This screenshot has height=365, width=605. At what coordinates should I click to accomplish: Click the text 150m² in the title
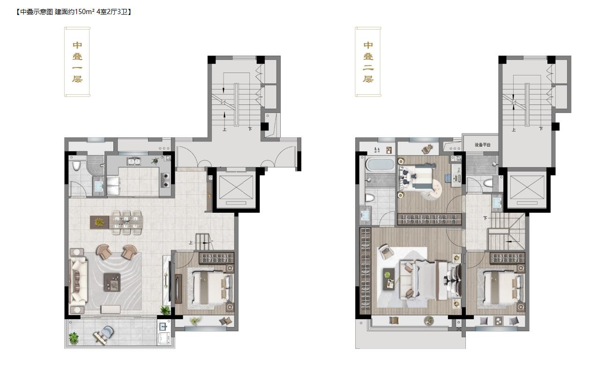coord(84,12)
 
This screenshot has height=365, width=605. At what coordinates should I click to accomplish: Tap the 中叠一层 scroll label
coord(77,62)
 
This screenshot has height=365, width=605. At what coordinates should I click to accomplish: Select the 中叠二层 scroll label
coord(368,62)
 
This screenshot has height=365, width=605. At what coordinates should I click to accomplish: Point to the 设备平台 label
coord(482,145)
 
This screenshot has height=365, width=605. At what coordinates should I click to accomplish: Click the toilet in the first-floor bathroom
coord(77,165)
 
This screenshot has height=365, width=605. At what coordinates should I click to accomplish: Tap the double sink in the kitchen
coord(134,162)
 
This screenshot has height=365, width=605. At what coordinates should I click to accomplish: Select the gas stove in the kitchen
coord(165,180)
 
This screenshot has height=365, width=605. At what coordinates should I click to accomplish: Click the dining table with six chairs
coord(126,223)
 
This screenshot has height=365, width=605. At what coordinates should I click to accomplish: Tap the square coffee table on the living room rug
coord(112,282)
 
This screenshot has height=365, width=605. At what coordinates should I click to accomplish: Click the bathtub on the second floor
coord(380,164)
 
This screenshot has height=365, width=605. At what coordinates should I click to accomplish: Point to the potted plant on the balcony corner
coord(74,339)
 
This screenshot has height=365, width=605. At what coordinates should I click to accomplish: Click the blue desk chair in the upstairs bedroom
coord(448,178)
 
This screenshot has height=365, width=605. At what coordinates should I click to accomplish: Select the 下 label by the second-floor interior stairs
coord(485,218)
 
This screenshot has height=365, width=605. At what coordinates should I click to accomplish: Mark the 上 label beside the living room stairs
coord(191,243)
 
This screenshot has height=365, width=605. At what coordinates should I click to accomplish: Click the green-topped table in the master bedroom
coord(388,279)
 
